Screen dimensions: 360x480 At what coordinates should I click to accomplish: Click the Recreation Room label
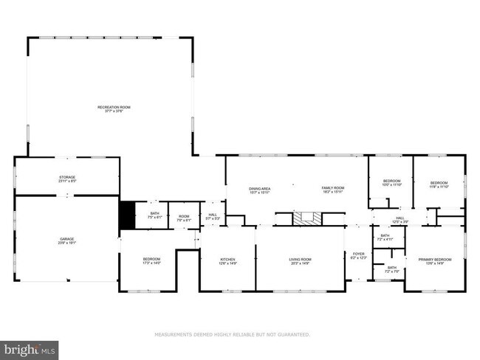[114, 109]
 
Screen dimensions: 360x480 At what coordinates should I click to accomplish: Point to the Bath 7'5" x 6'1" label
[154, 215]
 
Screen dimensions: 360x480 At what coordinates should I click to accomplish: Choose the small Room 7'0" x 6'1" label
[184, 218]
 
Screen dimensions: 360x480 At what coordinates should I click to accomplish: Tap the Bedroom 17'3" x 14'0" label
[151, 261]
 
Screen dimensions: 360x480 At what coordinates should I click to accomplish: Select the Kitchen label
[227, 261]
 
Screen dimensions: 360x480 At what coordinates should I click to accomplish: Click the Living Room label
[300, 261]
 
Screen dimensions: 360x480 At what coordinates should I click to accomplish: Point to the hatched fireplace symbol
[307, 218]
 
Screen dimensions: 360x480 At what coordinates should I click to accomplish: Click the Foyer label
[359, 255]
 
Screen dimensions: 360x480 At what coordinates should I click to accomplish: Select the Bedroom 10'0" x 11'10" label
[391, 183]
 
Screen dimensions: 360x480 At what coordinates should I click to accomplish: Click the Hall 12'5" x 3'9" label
[400, 219]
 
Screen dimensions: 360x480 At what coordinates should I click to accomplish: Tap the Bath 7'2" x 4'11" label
[385, 238]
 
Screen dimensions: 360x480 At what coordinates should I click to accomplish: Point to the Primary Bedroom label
[434, 261]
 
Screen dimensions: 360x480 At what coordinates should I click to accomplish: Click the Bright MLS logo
[30, 348]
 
